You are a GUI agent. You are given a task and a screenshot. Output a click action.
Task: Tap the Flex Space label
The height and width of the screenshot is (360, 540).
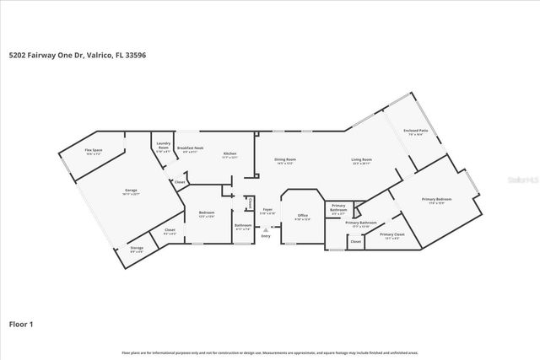click(93, 151)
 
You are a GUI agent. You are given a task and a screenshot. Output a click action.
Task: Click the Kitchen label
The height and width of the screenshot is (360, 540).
click(229, 153)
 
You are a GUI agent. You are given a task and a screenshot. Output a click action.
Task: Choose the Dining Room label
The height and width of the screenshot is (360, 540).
click(285, 159)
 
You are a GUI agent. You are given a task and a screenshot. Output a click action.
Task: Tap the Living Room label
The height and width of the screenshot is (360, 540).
click(362, 159)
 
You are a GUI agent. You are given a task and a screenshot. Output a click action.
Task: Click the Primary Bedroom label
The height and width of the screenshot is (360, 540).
click(436, 200)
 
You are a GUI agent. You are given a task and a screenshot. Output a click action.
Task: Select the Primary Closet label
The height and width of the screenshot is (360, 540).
click(391, 235)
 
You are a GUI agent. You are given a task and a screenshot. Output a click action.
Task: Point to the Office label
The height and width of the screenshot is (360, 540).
click(302, 216)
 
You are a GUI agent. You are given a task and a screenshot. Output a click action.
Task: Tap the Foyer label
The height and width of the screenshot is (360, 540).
click(267, 209)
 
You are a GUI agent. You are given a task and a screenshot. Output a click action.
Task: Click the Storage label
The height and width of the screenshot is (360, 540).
click(137, 248)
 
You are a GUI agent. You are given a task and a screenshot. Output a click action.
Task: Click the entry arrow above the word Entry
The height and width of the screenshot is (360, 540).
click(267, 228)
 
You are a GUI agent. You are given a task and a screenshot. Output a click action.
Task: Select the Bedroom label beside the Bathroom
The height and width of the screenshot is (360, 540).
click(206, 212)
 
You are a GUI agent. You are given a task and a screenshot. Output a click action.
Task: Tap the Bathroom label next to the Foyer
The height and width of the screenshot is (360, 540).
click(242, 226)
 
